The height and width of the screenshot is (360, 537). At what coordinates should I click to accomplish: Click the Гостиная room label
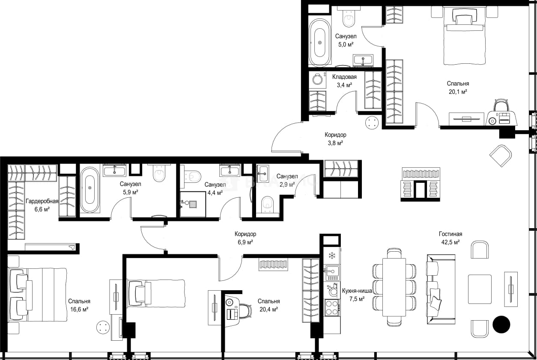[450, 234]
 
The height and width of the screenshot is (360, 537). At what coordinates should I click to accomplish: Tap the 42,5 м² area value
[450, 242]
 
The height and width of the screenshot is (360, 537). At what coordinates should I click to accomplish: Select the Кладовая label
[344, 77]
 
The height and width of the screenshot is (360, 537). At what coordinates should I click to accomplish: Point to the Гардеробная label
[42, 201]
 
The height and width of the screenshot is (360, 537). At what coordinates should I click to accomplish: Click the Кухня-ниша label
[357, 291]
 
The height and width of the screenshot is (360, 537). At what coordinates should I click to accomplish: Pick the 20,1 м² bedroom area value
[458, 92]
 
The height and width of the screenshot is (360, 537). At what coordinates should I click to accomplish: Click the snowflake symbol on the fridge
[332, 256]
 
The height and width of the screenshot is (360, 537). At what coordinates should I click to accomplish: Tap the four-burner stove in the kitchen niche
[331, 308]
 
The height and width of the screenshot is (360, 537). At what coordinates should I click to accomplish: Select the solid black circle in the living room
[501, 324]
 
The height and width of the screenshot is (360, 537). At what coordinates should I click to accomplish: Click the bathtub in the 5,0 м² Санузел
[320, 42]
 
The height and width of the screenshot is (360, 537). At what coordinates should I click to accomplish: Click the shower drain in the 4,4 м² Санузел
[193, 204]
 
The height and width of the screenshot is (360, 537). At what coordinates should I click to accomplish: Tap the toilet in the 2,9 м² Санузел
[268, 205]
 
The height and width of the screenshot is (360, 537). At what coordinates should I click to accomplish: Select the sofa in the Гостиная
[441, 289]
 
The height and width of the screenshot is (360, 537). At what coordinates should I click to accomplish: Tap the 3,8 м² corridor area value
[335, 143]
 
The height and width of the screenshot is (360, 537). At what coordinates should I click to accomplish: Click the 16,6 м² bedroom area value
[79, 309]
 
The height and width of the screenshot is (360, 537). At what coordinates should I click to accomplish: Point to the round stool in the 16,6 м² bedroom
[104, 327]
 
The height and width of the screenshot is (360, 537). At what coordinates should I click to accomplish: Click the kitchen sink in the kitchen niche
[332, 271]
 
